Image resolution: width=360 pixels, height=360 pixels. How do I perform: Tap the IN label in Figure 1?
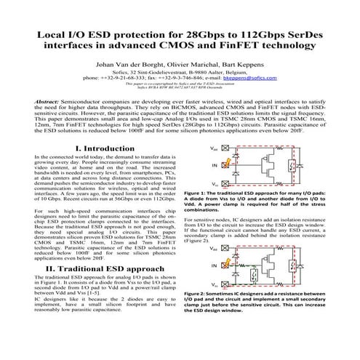point(212,165)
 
